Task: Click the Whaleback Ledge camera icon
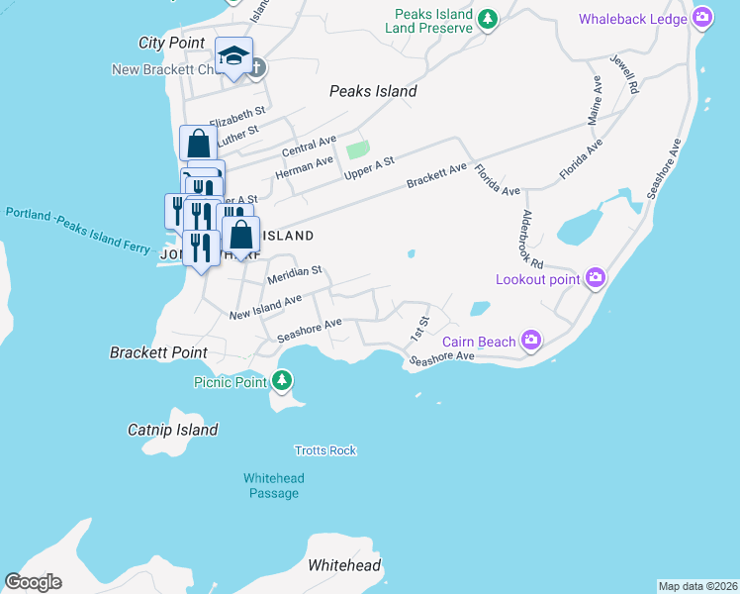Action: click(x=702, y=18)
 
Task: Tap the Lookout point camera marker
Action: click(x=595, y=279)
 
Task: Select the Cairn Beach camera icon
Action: click(x=531, y=342)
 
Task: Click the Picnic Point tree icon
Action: click(x=283, y=380)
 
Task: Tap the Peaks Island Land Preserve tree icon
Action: click(x=487, y=19)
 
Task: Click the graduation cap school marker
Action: click(x=234, y=56)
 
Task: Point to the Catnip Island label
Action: click(x=173, y=430)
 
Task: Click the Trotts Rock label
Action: click(x=325, y=450)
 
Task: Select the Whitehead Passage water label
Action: click(x=274, y=485)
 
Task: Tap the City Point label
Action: click(x=172, y=43)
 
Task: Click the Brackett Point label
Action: click(x=158, y=352)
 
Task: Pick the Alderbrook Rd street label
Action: click(x=532, y=239)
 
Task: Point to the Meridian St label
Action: click(x=295, y=275)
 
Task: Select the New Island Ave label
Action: click(x=265, y=307)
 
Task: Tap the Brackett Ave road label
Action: click(x=436, y=176)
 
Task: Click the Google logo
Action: click(x=33, y=582)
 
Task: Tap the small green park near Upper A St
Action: click(x=357, y=150)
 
